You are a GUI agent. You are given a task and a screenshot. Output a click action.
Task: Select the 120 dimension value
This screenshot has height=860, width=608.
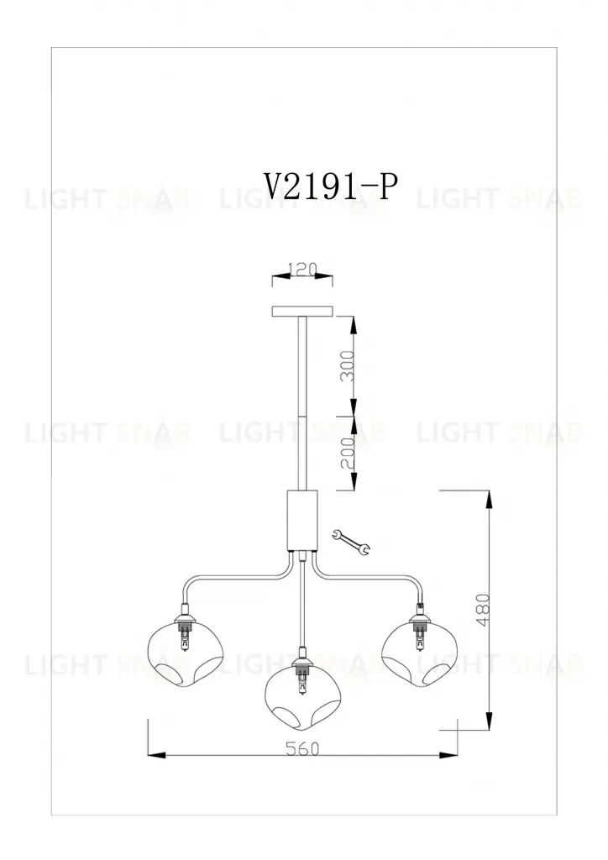coord(302,270)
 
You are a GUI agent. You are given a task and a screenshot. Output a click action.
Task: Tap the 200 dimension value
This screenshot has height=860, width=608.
coord(348,453)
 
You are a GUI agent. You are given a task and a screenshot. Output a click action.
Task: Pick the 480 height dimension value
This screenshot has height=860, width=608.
coord(483,610)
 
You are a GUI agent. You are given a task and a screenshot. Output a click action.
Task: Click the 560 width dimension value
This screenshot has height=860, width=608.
coord(302,748)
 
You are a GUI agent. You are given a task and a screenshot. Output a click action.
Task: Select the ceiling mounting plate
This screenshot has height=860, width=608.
coord(302,312)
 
